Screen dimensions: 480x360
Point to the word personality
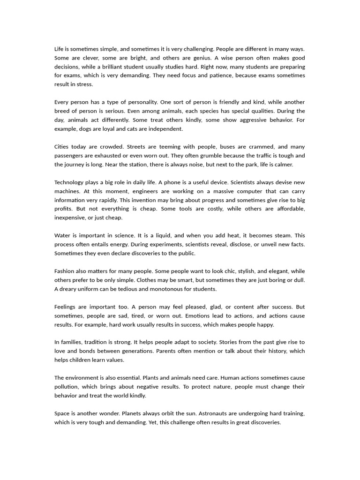(x=141, y=102)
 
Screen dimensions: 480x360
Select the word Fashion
(x=65, y=271)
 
